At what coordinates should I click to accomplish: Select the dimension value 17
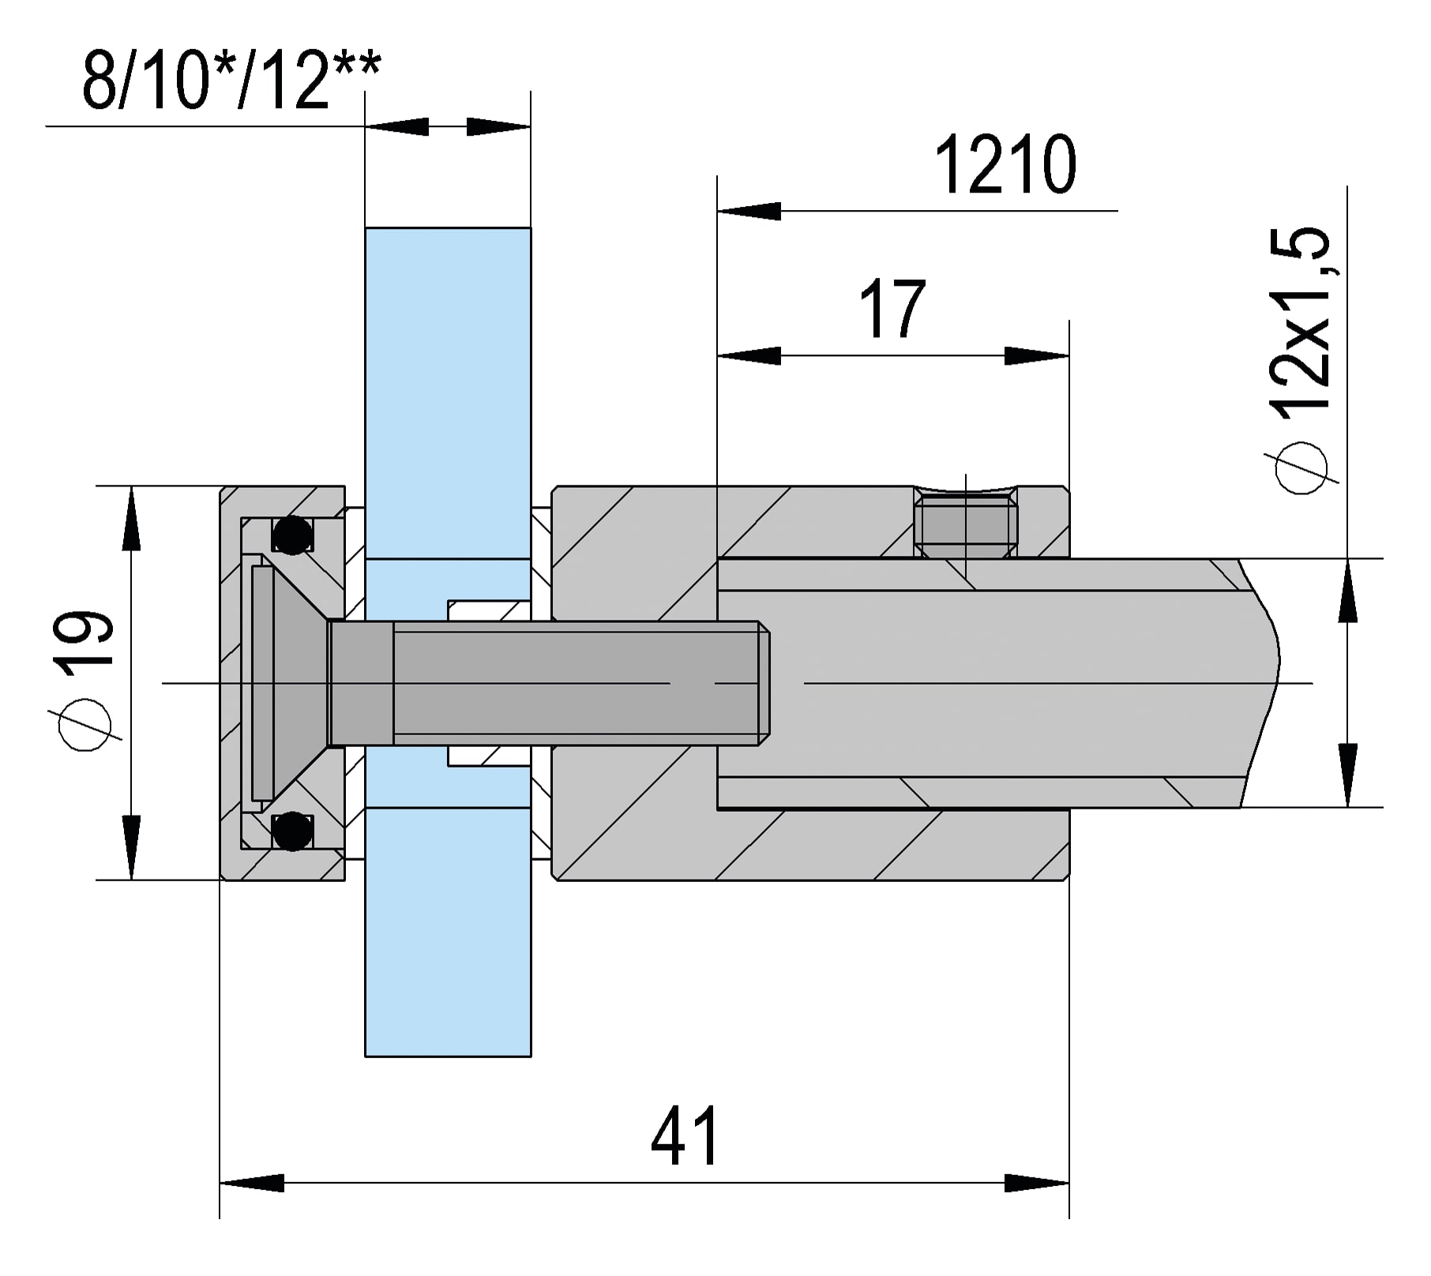pyautogui.click(x=892, y=309)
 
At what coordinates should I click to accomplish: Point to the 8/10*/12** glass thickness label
pyautogui.click(x=231, y=80)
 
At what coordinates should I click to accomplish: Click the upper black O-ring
pyautogui.click(x=291, y=535)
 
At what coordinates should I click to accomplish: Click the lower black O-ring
pyautogui.click(x=291, y=831)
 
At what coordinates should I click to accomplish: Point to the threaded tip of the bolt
pyautogui.click(x=763, y=683)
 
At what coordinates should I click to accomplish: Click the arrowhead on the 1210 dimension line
pyautogui.click(x=749, y=211)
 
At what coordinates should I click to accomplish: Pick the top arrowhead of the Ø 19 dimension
pyautogui.click(x=131, y=517)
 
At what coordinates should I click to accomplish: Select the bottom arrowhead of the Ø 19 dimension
pyautogui.click(x=131, y=848)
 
